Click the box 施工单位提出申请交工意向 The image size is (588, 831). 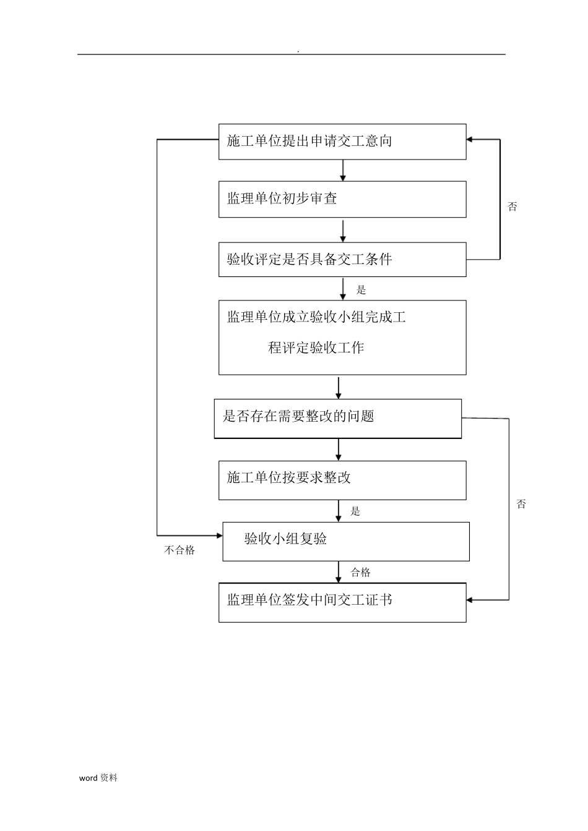pyautogui.click(x=342, y=142)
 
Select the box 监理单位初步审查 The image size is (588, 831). pyautogui.click(x=342, y=199)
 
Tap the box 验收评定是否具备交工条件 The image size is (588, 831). pyautogui.click(x=342, y=259)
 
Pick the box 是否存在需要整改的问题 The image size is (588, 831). pyautogui.click(x=337, y=419)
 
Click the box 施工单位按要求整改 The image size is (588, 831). pyautogui.click(x=342, y=480)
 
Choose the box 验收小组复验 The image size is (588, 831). pyautogui.click(x=345, y=541)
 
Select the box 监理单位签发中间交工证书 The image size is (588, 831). pyautogui.click(x=342, y=602)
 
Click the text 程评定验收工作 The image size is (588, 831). pyautogui.click(x=316, y=348)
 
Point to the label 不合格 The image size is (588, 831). pyautogui.click(x=179, y=550)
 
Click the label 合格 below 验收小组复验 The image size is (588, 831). pyautogui.click(x=360, y=573)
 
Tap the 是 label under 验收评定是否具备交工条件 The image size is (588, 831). pyautogui.click(x=361, y=289)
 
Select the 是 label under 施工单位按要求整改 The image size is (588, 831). pyautogui.click(x=355, y=511)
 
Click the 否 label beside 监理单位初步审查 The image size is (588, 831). pyautogui.click(x=512, y=207)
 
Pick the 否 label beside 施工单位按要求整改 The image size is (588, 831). pyautogui.click(x=521, y=504)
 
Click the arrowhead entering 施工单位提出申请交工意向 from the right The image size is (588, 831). pyautogui.click(x=470, y=140)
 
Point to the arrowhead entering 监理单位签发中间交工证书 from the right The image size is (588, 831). pyautogui.click(x=470, y=600)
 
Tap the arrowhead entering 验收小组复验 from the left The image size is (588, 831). pyautogui.click(x=219, y=534)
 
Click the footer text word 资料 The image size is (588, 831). pyautogui.click(x=98, y=778)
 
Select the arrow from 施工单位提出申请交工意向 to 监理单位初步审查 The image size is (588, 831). pyautogui.click(x=343, y=170)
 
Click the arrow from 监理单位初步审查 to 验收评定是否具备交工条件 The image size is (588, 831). pyautogui.click(x=343, y=230)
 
